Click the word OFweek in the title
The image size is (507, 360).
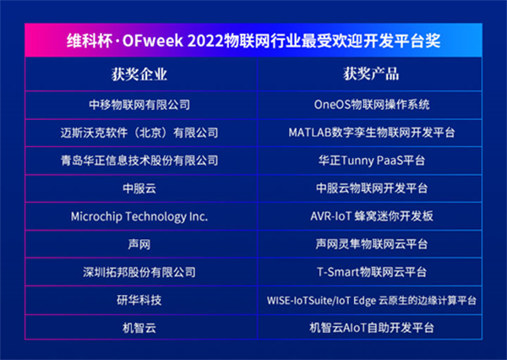153,41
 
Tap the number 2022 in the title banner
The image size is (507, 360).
205,41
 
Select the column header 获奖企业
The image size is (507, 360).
139,74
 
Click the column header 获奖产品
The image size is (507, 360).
371,74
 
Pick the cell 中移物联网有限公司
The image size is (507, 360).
139,105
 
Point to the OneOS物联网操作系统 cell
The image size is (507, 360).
372,105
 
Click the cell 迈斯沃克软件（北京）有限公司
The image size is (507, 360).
139,133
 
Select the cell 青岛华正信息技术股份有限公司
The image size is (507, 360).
139,161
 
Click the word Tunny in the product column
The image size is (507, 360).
358,161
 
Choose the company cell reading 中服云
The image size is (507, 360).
139,188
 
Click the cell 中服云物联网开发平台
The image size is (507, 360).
372,188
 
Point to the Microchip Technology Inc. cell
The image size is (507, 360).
139,216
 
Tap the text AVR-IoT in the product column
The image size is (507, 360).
330,216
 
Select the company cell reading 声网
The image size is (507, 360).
139,244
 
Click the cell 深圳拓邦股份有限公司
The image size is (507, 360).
139,272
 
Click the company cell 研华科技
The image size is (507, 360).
139,300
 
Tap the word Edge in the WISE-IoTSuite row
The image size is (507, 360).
364,301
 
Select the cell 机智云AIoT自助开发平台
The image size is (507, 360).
372,328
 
